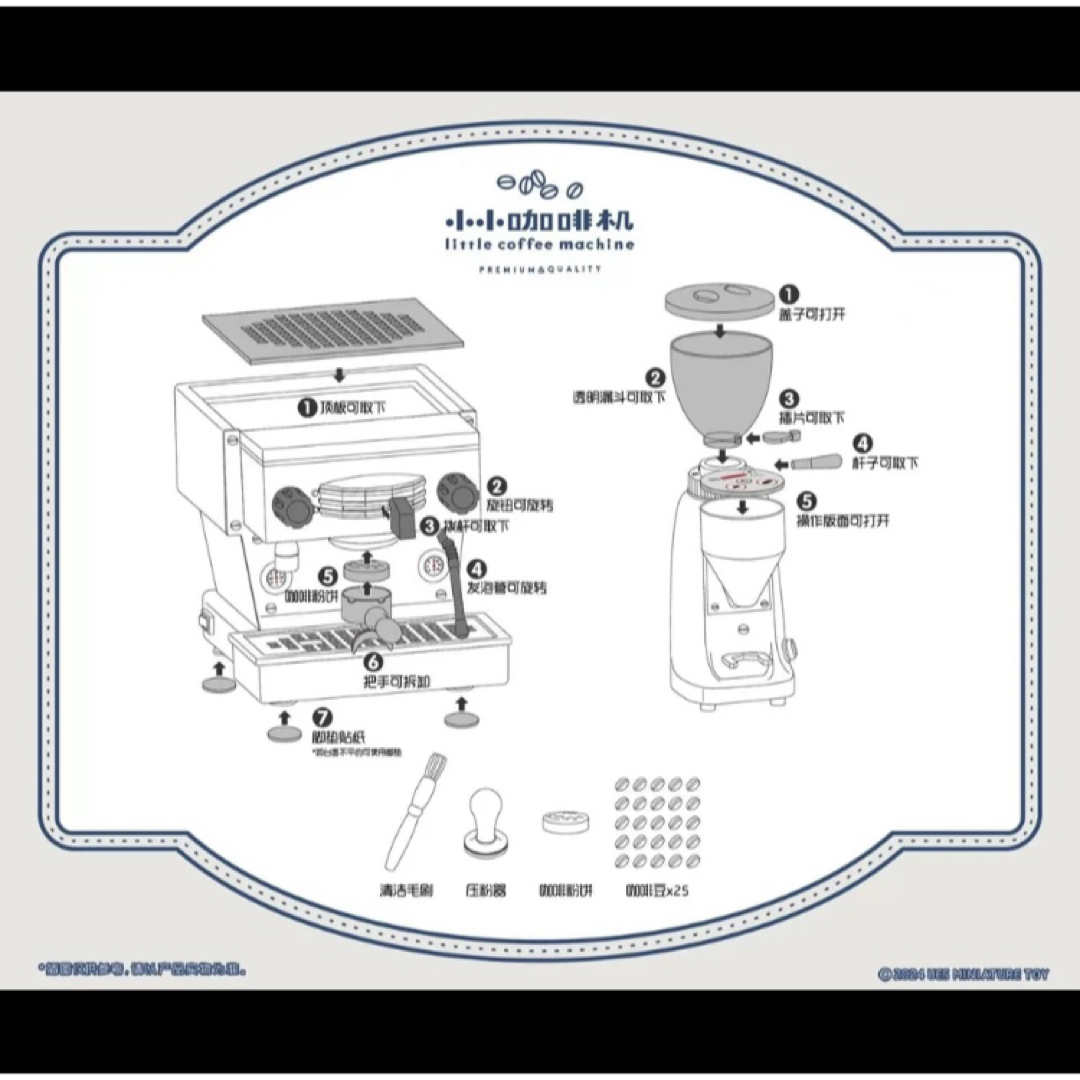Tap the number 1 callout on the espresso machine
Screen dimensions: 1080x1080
tap(307, 407)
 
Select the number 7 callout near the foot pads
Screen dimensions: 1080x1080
tap(321, 718)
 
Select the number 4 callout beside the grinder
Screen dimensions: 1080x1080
tap(863, 444)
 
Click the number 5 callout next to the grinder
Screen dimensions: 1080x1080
tap(808, 503)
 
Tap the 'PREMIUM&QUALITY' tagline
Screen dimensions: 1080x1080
tap(539, 269)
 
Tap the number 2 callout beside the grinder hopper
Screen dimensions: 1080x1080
tap(656, 378)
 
